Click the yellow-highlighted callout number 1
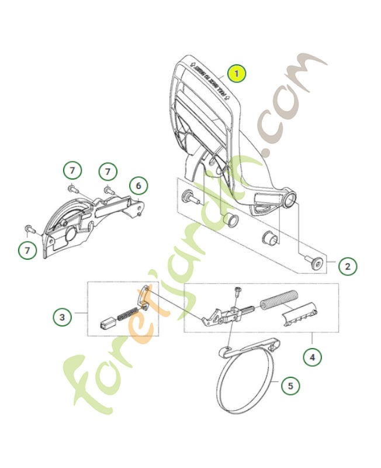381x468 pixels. (x=236, y=74)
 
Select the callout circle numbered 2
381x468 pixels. (x=347, y=267)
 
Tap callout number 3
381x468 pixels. (x=62, y=318)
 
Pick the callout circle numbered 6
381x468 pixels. (x=138, y=187)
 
